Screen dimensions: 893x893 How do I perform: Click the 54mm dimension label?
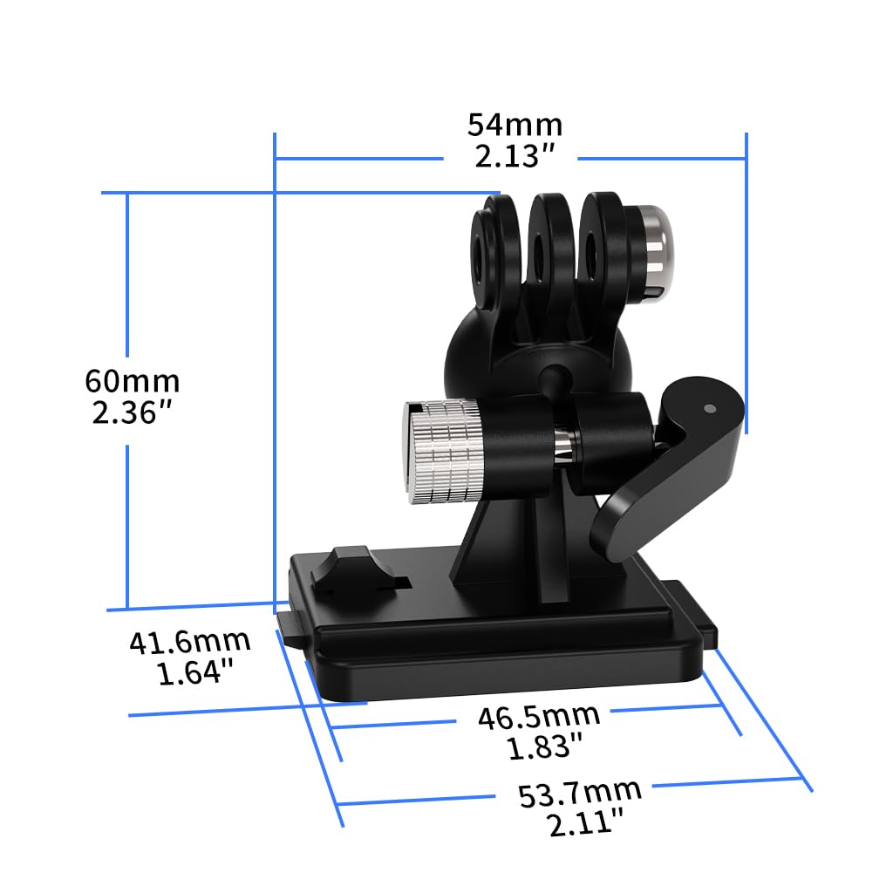515,125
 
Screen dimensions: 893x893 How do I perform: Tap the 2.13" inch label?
515,157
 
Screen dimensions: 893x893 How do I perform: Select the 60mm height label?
132,381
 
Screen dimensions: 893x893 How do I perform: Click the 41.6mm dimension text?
189,643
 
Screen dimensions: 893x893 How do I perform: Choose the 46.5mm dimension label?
538,717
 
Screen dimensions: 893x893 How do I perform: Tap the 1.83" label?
544,746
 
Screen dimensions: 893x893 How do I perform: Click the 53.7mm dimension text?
579,794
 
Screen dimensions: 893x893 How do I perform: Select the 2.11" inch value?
585,823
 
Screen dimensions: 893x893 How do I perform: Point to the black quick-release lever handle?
663,471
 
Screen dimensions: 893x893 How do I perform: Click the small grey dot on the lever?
709,407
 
